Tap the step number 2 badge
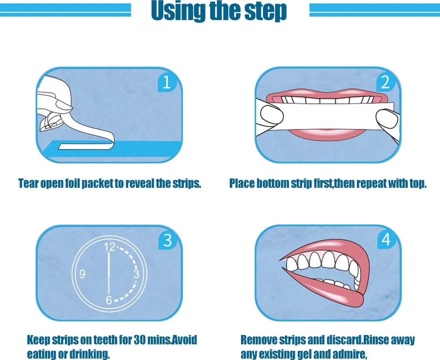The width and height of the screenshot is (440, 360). click(x=385, y=83)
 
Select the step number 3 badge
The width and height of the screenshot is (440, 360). click(x=167, y=240)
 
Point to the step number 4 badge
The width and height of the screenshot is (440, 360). click(x=386, y=240)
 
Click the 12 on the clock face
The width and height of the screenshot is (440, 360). click(x=109, y=247)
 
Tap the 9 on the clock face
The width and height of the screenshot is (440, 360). click(x=82, y=274)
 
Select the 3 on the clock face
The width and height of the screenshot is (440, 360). click(x=136, y=274)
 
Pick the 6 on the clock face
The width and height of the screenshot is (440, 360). click(x=109, y=300)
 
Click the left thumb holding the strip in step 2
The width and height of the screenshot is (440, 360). click(x=272, y=115)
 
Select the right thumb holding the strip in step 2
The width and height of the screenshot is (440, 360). click(x=387, y=118)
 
